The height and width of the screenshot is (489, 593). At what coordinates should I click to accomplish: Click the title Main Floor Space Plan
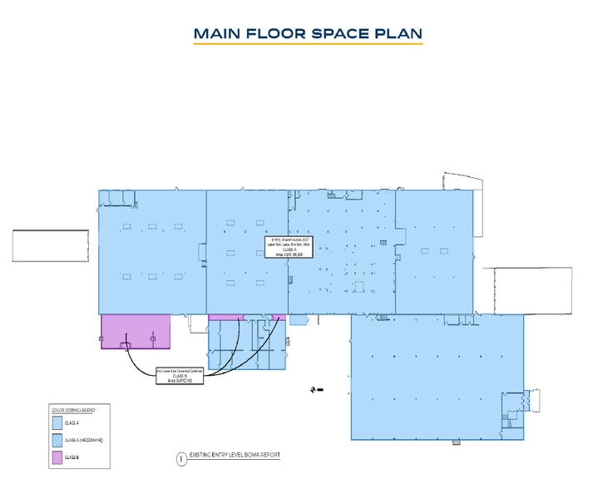tap(308, 34)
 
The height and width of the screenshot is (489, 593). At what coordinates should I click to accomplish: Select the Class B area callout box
tap(180, 376)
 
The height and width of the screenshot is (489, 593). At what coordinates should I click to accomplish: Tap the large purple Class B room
tap(136, 331)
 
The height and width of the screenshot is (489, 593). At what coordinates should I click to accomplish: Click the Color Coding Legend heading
tap(74, 410)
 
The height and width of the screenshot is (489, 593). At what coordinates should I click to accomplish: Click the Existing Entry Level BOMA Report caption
tap(235, 456)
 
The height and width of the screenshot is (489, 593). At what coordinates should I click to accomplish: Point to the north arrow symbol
tap(316, 389)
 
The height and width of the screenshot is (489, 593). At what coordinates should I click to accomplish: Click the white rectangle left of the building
tap(50, 247)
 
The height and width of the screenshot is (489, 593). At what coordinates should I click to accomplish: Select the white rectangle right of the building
tap(532, 291)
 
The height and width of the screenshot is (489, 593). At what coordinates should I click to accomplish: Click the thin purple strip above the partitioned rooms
tap(246, 318)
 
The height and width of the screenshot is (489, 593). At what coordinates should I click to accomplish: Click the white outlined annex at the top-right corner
tap(462, 182)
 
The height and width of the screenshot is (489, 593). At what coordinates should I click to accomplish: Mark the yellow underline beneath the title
tap(308, 44)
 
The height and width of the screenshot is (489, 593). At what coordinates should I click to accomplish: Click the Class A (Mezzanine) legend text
tap(84, 440)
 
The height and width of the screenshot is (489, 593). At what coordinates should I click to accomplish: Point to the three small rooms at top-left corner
tap(116, 197)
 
